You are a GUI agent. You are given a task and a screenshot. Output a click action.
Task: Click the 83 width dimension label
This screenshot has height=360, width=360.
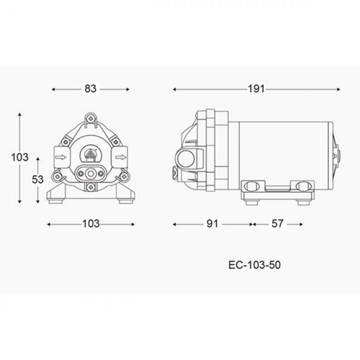point(91,89)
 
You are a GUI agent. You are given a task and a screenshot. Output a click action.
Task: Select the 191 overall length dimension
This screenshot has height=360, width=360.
point(256,89)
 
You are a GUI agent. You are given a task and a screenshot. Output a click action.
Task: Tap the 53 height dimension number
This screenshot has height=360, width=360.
point(37,179)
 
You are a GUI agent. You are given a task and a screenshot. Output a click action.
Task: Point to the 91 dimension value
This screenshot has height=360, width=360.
point(212,224)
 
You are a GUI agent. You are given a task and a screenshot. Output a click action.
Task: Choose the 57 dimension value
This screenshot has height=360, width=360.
point(277,224)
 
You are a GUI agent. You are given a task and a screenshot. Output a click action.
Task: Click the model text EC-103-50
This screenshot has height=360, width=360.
point(254,265)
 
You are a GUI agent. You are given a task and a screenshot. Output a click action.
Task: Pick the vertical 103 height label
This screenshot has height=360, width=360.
point(20,157)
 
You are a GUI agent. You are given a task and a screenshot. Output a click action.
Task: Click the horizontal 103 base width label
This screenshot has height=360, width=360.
point(91,224)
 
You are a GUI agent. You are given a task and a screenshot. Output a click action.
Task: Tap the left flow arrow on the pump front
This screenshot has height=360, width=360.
point(60,158)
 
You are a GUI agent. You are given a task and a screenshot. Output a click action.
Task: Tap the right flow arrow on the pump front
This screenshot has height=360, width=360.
point(121,158)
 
